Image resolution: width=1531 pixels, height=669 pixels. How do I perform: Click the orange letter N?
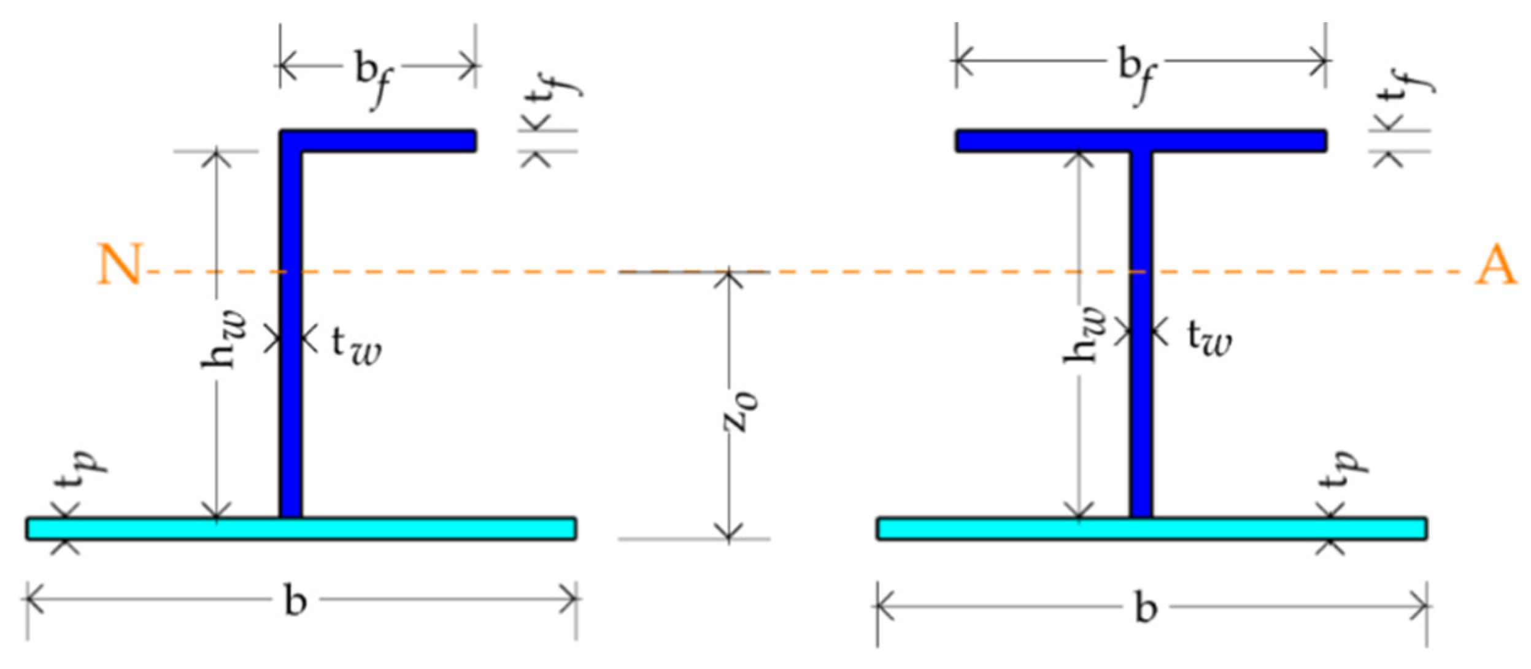(x=121, y=265)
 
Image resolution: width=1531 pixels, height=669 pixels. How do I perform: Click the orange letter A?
(x=1495, y=269)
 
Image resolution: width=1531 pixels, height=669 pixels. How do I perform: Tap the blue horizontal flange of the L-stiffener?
(x=387, y=141)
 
